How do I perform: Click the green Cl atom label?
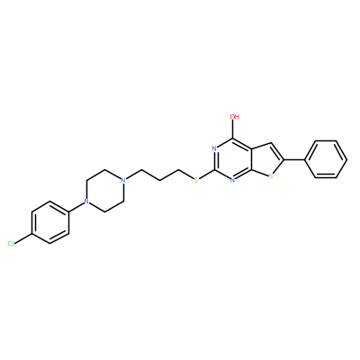(11, 243)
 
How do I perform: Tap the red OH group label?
(234, 116)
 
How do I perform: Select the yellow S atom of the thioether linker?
(196, 180)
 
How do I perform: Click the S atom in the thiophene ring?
(271, 176)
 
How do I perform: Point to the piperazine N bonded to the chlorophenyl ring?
(86, 202)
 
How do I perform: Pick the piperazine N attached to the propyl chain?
(122, 180)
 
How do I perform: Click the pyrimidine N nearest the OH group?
(214, 148)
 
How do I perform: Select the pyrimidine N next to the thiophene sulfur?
(233, 180)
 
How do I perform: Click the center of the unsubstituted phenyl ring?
(326, 159)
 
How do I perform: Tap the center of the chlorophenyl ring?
(50, 222)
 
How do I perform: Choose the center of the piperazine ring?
(104, 191)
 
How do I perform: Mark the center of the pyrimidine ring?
(233, 159)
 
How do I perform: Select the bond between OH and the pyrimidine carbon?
(233, 130)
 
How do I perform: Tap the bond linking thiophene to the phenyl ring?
(294, 159)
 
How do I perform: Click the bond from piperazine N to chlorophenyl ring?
(77, 207)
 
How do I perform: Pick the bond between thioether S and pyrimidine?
(207, 175)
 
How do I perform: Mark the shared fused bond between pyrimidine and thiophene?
(251, 159)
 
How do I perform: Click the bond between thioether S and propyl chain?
(186, 175)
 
